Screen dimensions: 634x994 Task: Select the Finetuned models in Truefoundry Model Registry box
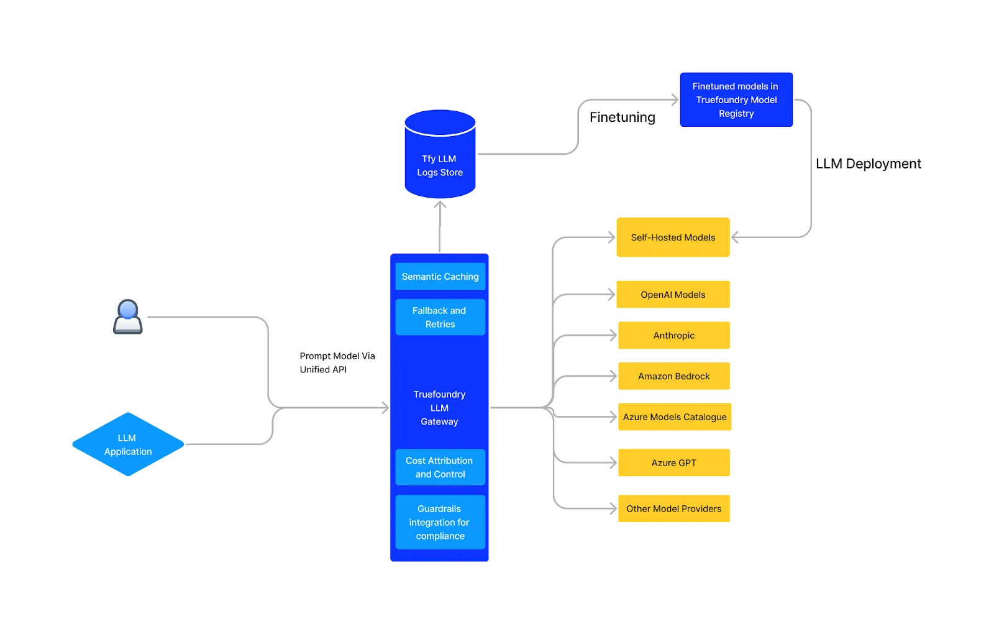pos(736,99)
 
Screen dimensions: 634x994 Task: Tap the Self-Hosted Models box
pos(673,237)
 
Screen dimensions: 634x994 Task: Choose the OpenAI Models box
pos(673,294)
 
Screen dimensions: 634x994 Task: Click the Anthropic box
pos(673,335)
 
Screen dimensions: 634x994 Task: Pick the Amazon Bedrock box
pos(673,376)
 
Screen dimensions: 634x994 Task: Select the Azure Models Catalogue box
pos(675,416)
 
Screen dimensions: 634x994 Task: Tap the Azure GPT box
pos(673,462)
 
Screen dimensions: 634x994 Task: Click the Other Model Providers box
pos(673,508)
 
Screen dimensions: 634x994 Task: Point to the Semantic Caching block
pos(440,277)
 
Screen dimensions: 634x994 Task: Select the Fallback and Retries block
pos(440,317)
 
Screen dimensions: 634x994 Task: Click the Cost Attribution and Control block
pos(440,467)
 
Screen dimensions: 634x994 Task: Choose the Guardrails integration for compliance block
pos(440,522)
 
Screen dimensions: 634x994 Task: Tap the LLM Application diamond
pos(128,444)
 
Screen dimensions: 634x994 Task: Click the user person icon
pos(128,317)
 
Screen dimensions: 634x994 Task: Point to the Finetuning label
pos(622,117)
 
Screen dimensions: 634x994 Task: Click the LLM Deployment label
pos(868,163)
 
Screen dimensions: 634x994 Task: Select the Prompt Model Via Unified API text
pos(337,362)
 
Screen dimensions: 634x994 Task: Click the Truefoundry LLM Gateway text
pos(439,408)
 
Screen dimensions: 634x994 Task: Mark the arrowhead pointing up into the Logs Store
pos(440,205)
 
